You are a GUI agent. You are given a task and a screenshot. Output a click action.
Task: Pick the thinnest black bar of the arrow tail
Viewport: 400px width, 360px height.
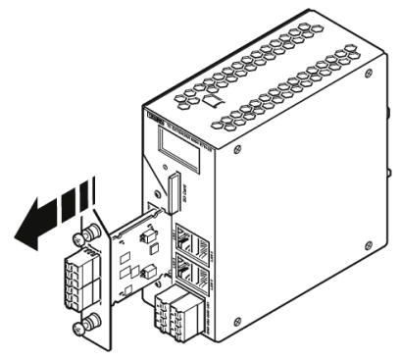pos(94,190)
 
